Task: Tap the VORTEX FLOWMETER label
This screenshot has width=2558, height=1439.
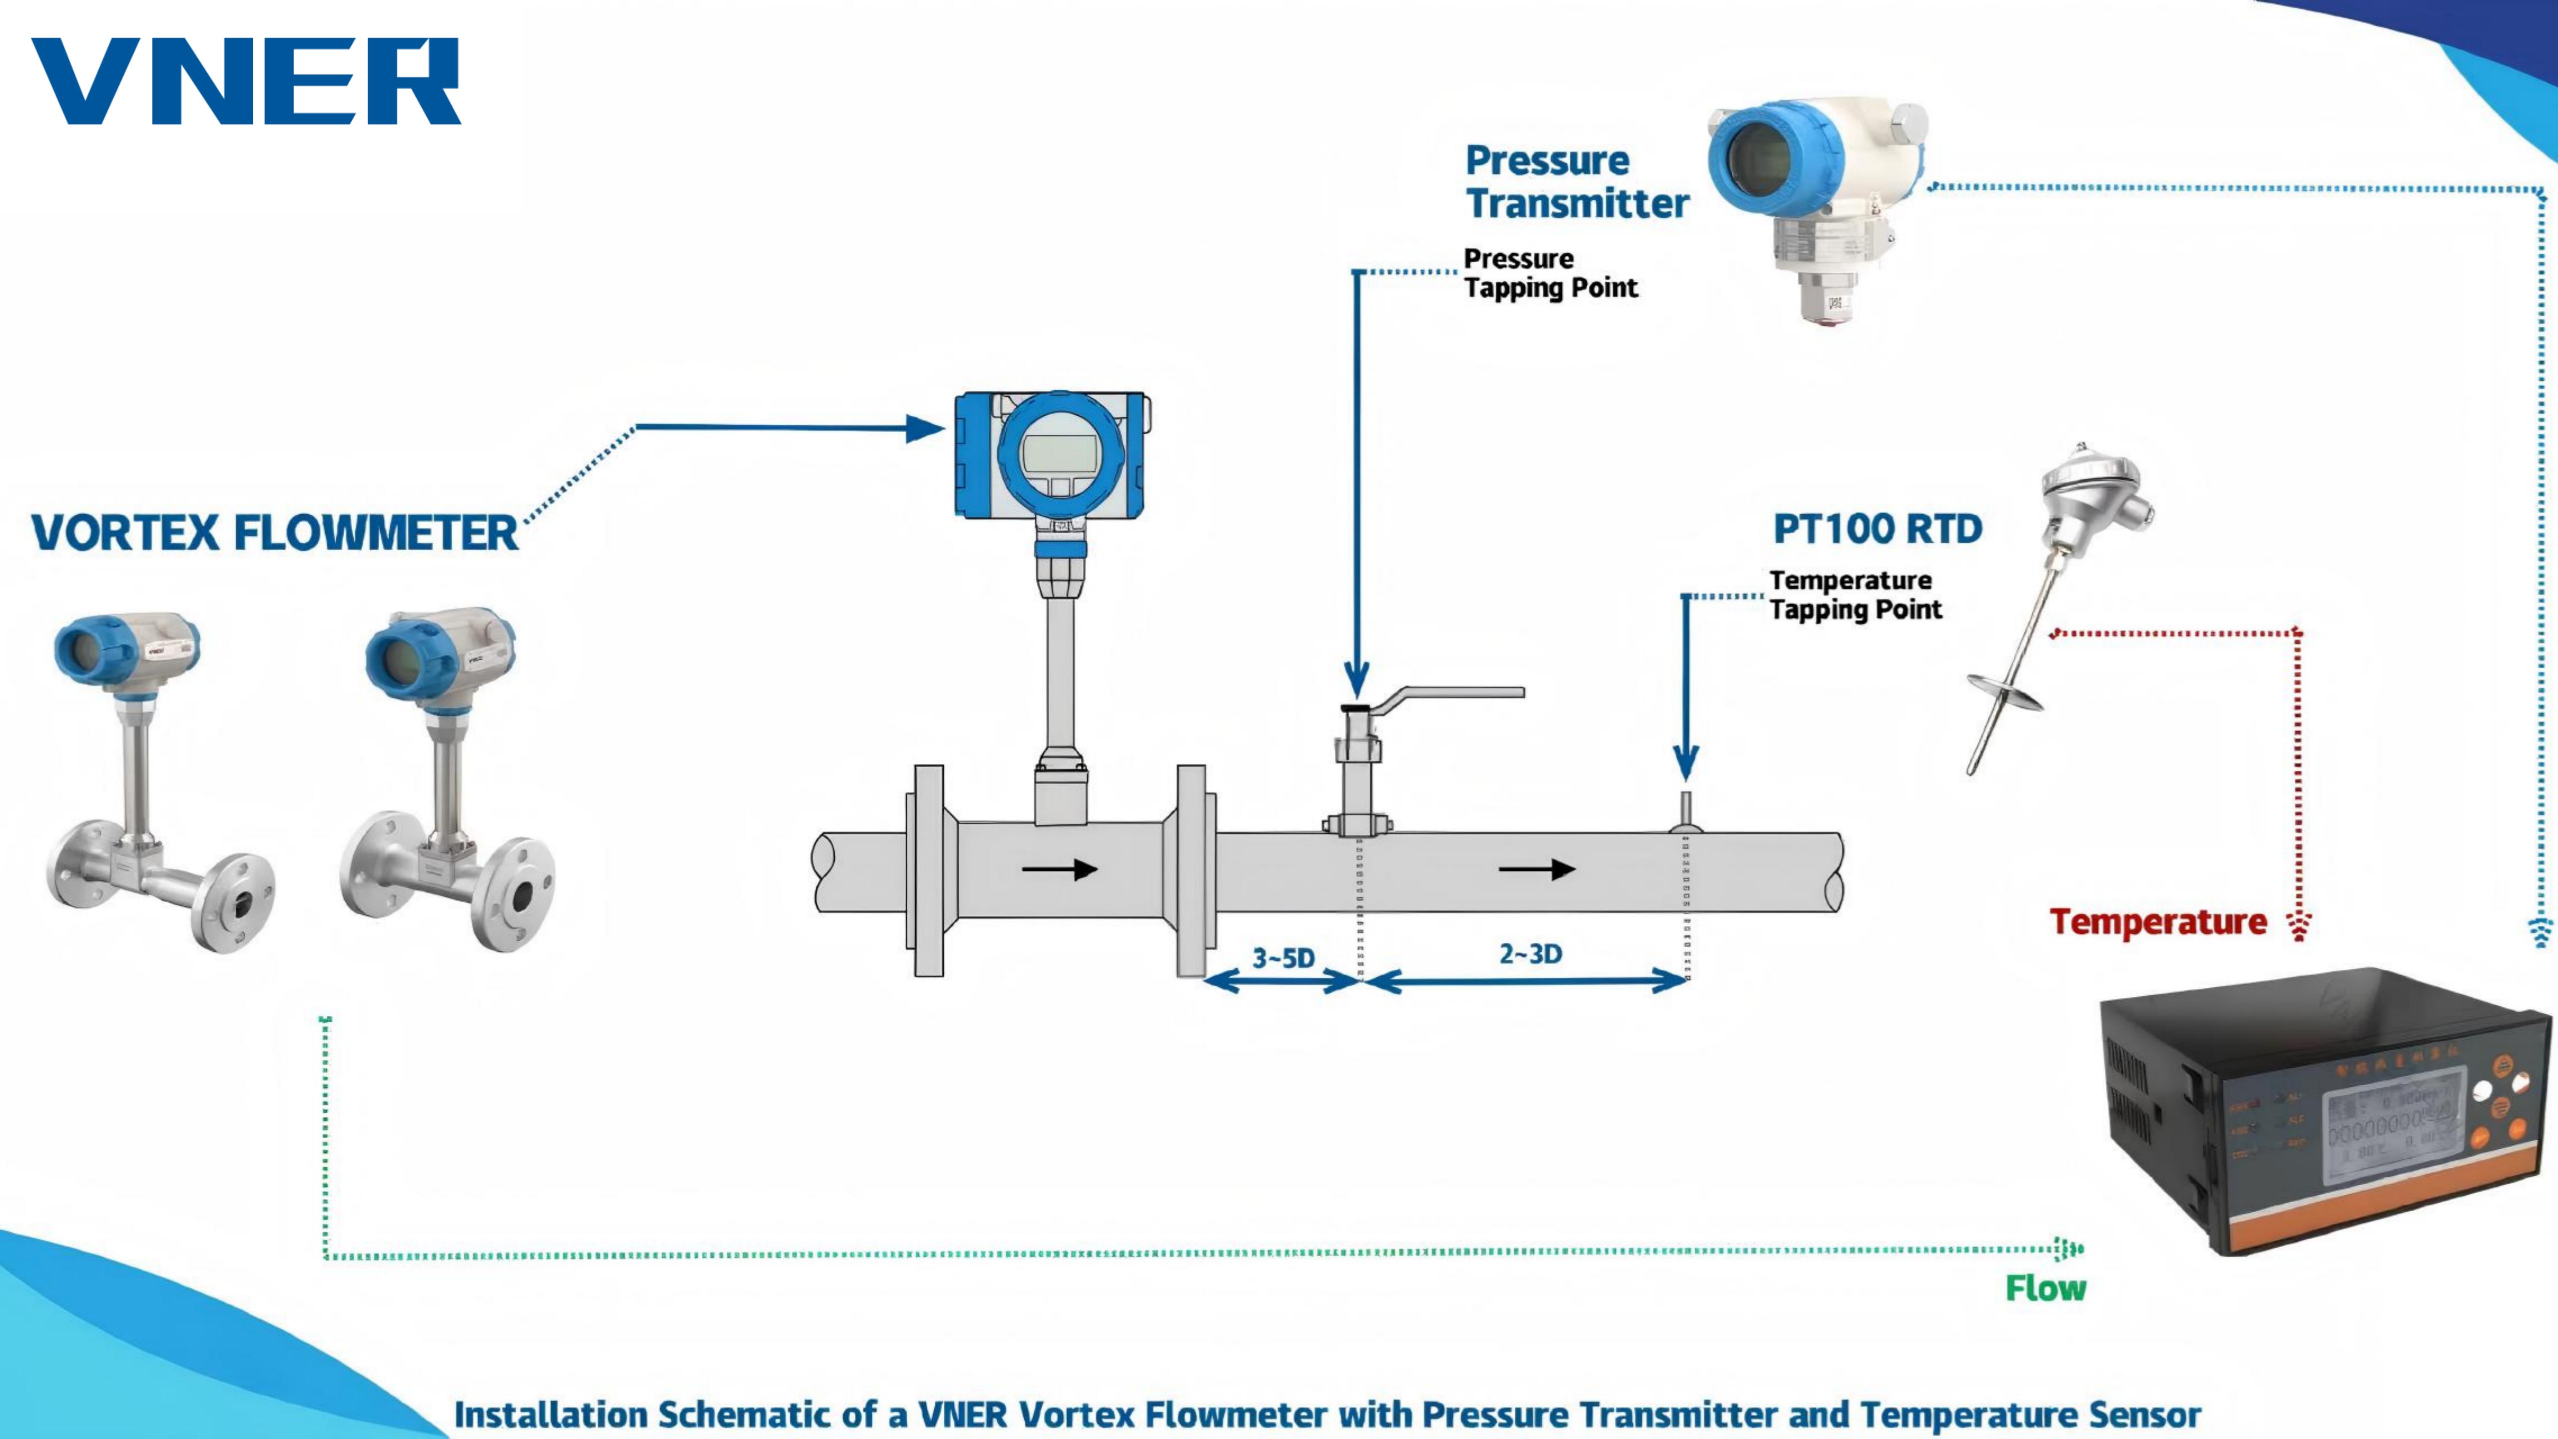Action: pyautogui.click(x=274, y=533)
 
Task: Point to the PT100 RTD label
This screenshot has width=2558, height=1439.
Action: pyautogui.click(x=1877, y=529)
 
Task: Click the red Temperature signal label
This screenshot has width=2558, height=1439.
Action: pyautogui.click(x=2158, y=921)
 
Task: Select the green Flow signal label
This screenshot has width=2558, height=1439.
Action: pyautogui.click(x=2045, y=1288)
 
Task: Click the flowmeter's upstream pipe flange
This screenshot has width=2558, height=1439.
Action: pyautogui.click(x=928, y=870)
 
